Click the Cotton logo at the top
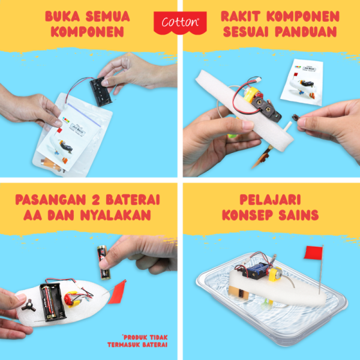179,22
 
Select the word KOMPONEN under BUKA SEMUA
90,32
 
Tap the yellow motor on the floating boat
275,273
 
